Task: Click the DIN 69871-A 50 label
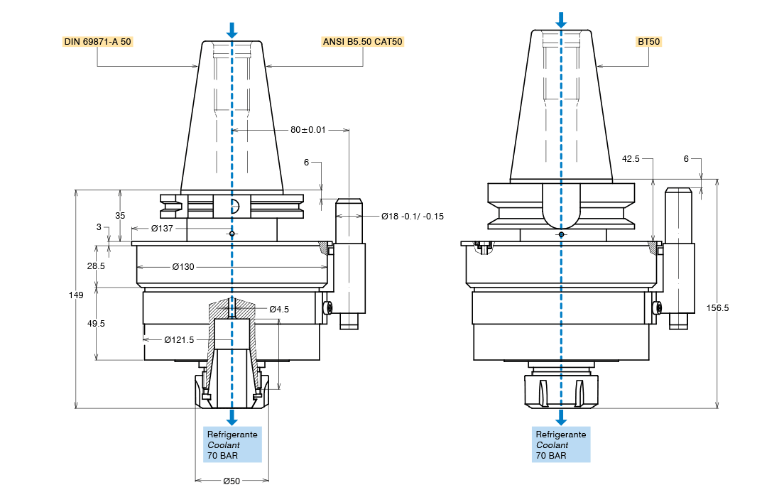coord(97,41)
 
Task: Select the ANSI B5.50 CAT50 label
coord(362,41)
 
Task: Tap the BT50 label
coord(648,41)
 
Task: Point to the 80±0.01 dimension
coord(308,130)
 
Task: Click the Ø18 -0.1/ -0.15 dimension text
coord(413,217)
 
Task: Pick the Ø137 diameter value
coord(162,229)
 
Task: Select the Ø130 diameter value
coord(183,267)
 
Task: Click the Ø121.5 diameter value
coord(179,340)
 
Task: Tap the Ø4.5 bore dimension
coord(279,310)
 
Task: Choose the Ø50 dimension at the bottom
coord(232,481)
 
